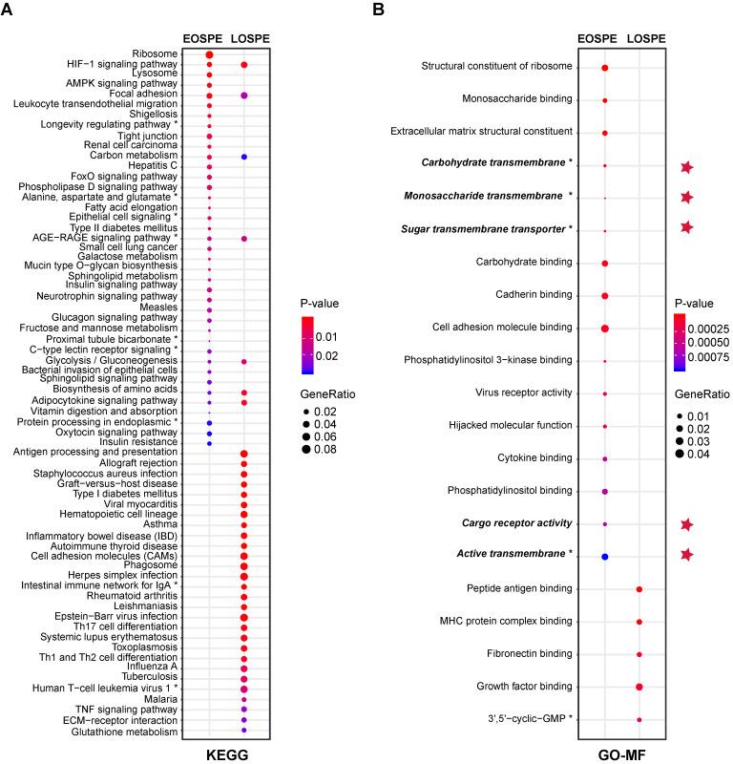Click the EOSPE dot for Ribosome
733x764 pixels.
pyautogui.click(x=209, y=54)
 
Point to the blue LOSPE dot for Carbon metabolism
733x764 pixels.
pyautogui.click(x=244, y=156)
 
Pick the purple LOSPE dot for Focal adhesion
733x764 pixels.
pyautogui.click(x=244, y=95)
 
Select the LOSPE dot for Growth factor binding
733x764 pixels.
pyautogui.click(x=639, y=687)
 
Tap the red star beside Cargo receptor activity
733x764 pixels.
pyautogui.click(x=686, y=523)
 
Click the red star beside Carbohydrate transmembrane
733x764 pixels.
pyautogui.click(x=686, y=167)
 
